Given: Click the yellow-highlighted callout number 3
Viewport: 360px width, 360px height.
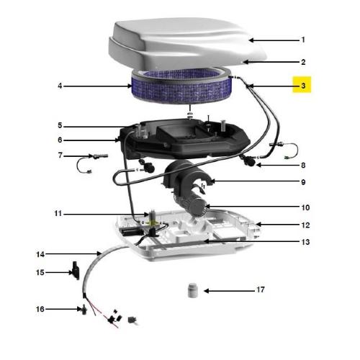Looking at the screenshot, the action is pos(303,86).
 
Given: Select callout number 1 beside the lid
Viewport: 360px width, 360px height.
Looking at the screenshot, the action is pos(303,40).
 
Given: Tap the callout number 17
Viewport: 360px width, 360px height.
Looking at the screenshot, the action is pos(261,289).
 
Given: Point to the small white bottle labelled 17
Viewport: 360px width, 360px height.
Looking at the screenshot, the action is pos(193,290).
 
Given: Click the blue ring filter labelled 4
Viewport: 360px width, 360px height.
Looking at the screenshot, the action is pos(181,86).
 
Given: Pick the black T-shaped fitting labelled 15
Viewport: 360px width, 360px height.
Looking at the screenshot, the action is pos(76,270).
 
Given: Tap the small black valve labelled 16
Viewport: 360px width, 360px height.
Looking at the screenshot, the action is pos(84,310).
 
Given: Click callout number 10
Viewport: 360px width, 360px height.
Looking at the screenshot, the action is pos(305,207).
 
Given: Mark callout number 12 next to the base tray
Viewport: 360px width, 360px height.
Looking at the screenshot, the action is pos(305,225).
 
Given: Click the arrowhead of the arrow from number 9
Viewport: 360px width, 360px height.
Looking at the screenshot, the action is pos(211,181).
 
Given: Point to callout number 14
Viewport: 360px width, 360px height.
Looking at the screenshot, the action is pos(40,254).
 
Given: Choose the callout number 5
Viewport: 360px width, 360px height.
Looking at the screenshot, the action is pos(60,125).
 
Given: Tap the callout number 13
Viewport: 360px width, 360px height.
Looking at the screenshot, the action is pos(305,242).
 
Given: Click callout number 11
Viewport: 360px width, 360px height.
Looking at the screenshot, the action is pos(58,213).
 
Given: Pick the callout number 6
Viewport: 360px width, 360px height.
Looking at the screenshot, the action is pos(60,140).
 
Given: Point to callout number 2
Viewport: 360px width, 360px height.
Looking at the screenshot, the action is pos(303,62).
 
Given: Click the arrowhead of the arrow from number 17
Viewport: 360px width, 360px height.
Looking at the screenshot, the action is pos(206,291).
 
